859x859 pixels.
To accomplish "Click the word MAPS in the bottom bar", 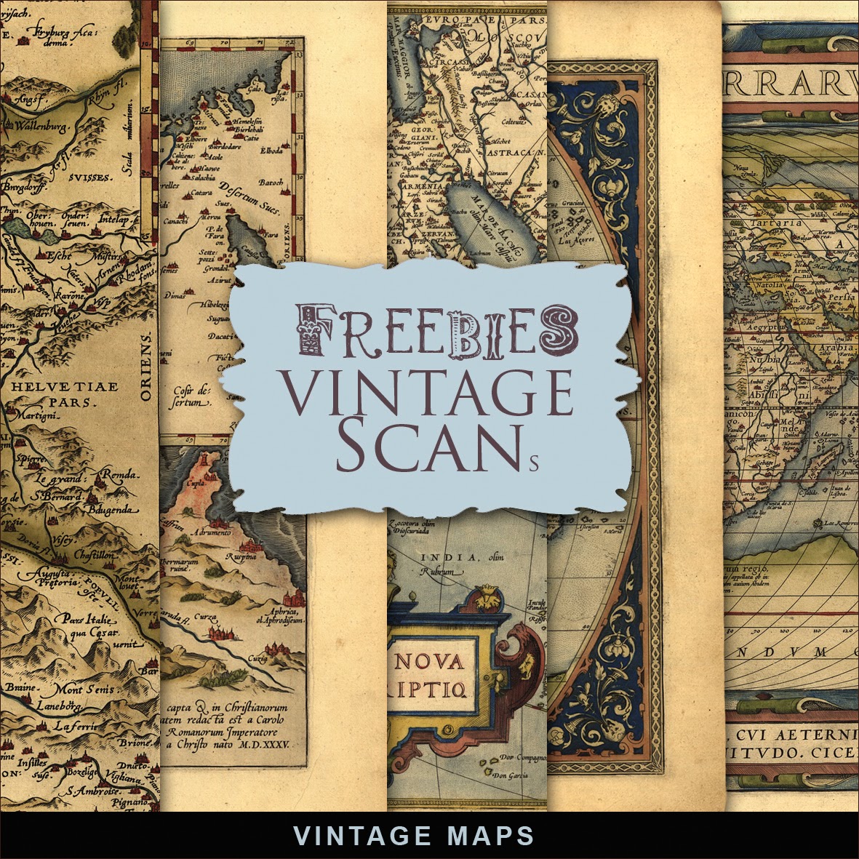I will (x=490, y=835).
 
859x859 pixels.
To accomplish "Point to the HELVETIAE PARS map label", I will (x=70, y=393).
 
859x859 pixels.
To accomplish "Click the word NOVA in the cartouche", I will (x=428, y=661).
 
